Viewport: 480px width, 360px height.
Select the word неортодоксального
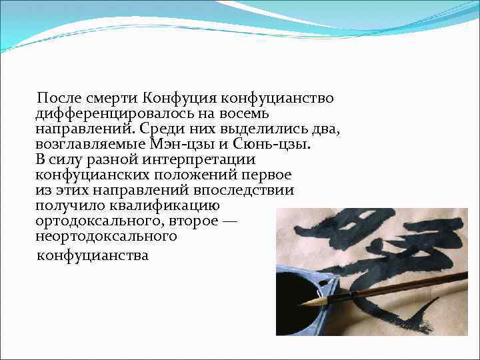(106, 236)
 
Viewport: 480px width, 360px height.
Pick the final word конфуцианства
(93, 255)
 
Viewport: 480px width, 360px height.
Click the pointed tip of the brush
(304, 303)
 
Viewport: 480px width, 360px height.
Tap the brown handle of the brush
(400, 285)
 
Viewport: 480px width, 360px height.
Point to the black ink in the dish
(297, 287)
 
